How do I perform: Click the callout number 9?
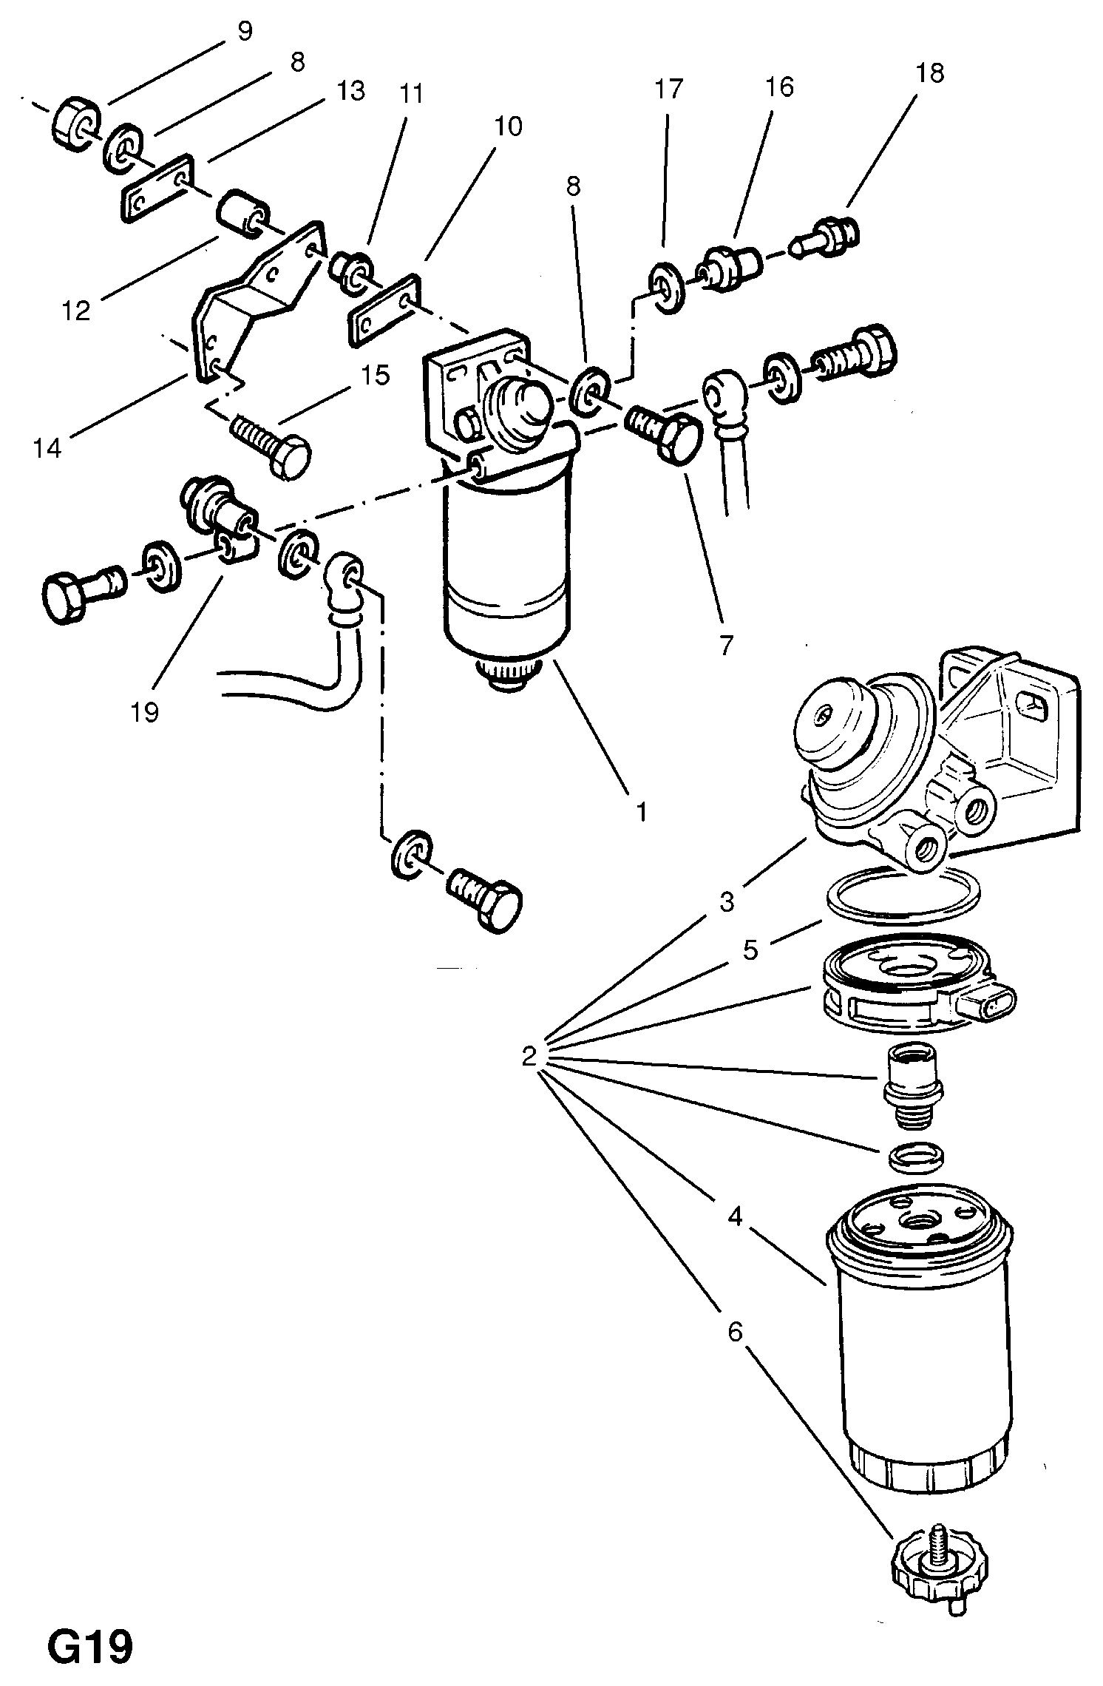click(x=245, y=31)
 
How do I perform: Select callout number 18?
click(x=930, y=73)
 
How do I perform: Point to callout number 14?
click(x=47, y=448)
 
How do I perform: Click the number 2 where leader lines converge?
click(x=528, y=1056)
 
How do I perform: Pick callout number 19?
click(x=145, y=712)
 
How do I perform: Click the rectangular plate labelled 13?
click(x=157, y=188)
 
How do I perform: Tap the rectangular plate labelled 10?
click(x=384, y=311)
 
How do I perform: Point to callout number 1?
click(x=642, y=811)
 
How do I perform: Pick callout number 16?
click(x=779, y=87)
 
